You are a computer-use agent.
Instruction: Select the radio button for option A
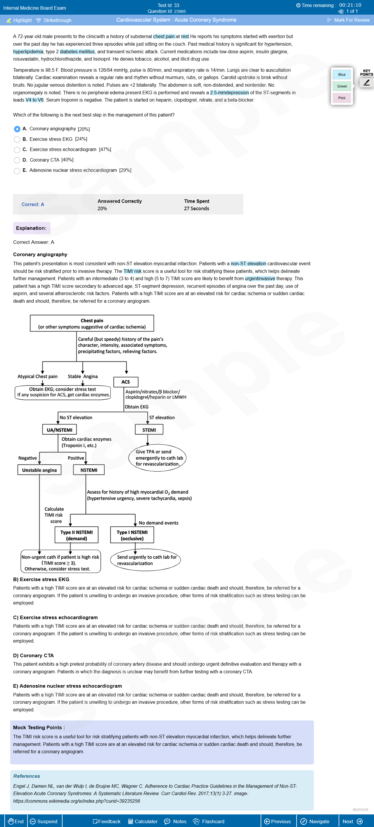pyautogui.click(x=17, y=129)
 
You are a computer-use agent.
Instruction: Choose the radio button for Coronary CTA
pyautogui.click(x=17, y=160)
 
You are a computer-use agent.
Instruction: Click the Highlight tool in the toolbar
pyautogui.click(x=19, y=20)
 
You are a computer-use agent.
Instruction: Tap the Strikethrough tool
pyautogui.click(x=54, y=20)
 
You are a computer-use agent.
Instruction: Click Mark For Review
pyautogui.click(x=348, y=20)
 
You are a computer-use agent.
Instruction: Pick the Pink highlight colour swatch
pyautogui.click(x=342, y=98)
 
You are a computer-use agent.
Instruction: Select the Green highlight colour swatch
pyautogui.click(x=342, y=86)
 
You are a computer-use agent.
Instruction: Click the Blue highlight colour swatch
pyautogui.click(x=342, y=74)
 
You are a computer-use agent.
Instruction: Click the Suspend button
pyautogui.click(x=44, y=821)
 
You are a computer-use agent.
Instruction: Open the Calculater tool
pyautogui.click(x=143, y=821)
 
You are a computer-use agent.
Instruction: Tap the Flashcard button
pyautogui.click(x=209, y=821)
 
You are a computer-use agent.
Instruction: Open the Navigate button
pyautogui.click(x=315, y=821)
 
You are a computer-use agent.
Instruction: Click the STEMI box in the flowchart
pyautogui.click(x=149, y=429)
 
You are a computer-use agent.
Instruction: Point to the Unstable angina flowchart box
pyautogui.click(x=39, y=470)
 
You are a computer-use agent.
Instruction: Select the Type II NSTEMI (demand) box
pyautogui.click(x=77, y=535)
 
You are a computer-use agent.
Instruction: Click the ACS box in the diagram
pyautogui.click(x=126, y=382)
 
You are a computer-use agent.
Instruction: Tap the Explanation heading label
pyautogui.click(x=31, y=228)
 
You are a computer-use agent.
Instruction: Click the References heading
pyautogui.click(x=27, y=776)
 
